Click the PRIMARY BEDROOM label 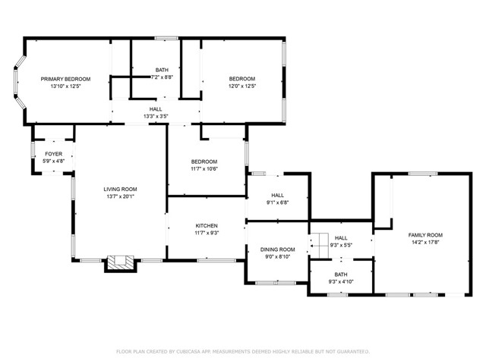(x=66, y=79)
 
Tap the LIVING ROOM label (x=120, y=189)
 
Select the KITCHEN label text (x=207, y=226)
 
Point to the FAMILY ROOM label (x=425, y=235)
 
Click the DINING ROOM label (x=277, y=249)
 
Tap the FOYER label (x=54, y=154)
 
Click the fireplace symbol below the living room (x=120, y=264)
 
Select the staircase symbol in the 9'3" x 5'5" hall (x=320, y=246)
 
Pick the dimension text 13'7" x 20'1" (x=120, y=196)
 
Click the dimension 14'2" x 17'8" (x=425, y=243)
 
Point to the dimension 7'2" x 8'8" (x=162, y=77)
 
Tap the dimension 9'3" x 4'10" (x=341, y=281)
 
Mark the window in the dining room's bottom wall (x=276, y=283)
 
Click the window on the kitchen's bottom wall (x=216, y=261)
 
